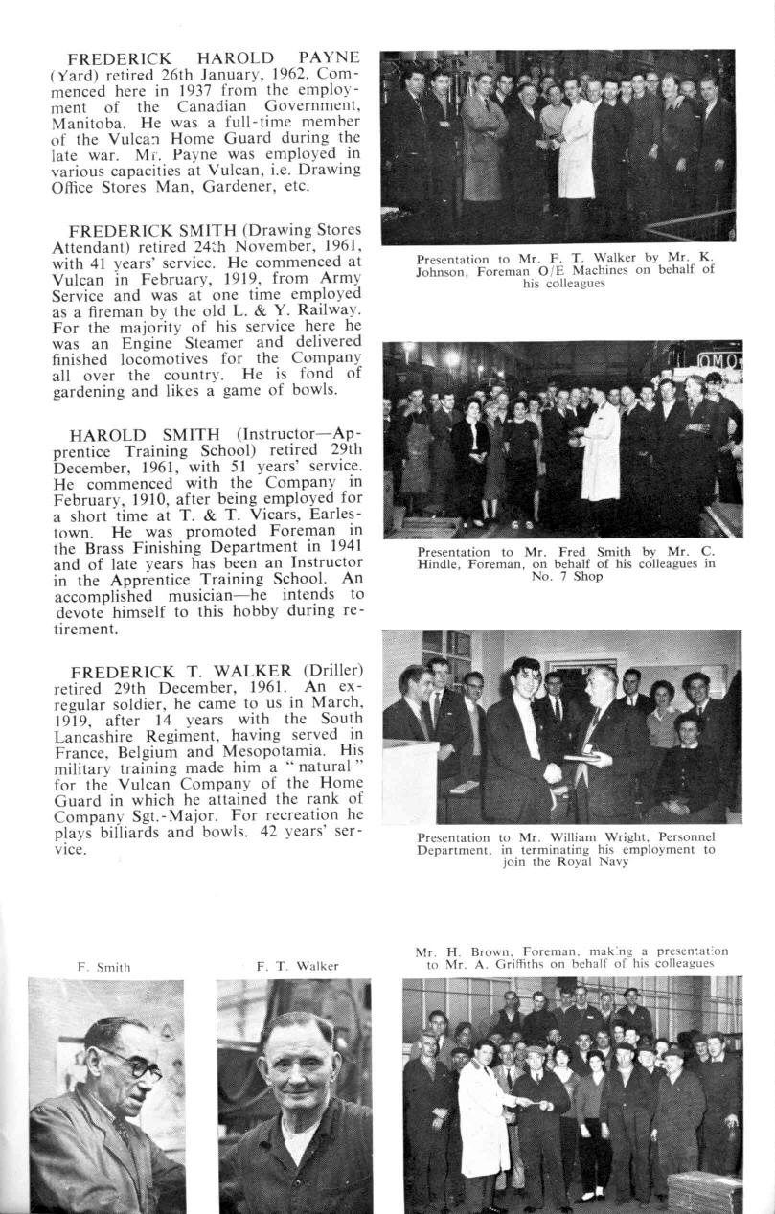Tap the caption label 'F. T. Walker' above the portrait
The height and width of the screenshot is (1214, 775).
coord(297,967)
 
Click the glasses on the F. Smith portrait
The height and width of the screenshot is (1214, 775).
coord(135,1060)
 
